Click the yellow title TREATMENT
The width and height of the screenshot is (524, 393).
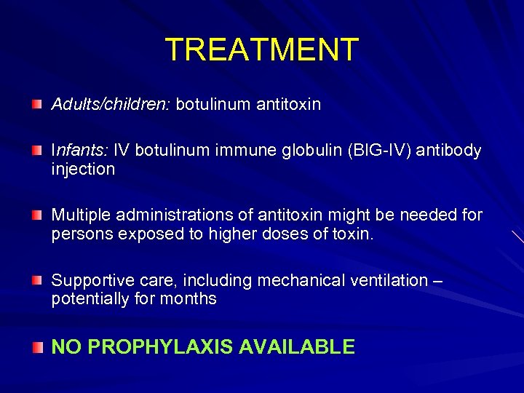[262, 49]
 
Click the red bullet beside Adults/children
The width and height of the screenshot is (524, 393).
[36, 106]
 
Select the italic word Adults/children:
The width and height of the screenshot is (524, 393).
[111, 105]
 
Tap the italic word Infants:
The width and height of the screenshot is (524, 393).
[79, 151]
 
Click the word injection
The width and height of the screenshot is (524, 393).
[83, 170]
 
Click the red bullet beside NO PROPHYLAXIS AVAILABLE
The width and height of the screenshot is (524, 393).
[36, 348]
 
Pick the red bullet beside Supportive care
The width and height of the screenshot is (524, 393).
[36, 281]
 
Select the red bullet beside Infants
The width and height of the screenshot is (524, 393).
[36, 151]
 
